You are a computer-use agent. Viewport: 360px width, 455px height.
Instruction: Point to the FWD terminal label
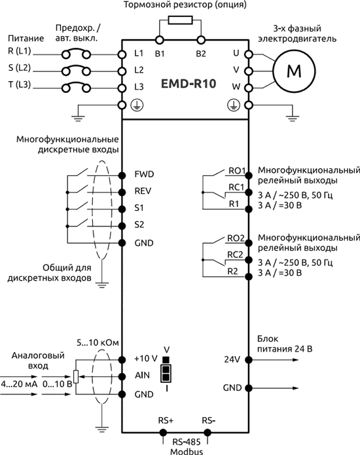click(143, 175)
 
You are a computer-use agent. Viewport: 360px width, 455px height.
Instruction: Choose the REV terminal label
click(143, 192)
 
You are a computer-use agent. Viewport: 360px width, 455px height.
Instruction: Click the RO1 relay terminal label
click(236, 172)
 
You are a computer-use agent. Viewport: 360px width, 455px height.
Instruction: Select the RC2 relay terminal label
click(236, 254)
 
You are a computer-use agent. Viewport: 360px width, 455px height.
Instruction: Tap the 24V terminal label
click(232, 359)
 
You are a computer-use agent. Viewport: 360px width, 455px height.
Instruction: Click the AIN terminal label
click(141, 376)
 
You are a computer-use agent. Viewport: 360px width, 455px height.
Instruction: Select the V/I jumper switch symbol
click(166, 373)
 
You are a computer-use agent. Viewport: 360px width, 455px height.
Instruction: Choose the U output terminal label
click(236, 52)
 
